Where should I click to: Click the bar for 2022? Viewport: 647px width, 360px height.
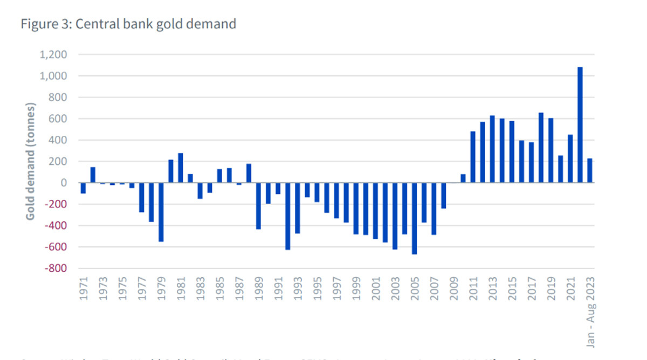pos(580,125)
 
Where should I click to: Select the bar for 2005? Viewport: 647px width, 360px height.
pos(414,218)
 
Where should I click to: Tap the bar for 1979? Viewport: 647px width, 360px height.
pos(161,212)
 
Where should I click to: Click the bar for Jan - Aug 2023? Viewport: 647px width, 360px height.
pos(590,170)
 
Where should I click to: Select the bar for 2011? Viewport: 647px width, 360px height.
pos(473,157)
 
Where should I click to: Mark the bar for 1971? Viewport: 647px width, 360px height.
pos(83,188)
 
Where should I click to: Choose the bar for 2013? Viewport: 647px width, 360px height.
pos(492,149)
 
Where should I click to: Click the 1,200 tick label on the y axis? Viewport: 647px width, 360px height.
pos(53,54)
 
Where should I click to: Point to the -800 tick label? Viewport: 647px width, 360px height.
pos(55,268)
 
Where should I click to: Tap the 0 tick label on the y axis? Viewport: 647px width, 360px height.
pos(64,183)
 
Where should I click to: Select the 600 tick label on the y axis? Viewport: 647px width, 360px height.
pos(58,119)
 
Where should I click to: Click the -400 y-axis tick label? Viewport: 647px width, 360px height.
pos(55,225)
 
